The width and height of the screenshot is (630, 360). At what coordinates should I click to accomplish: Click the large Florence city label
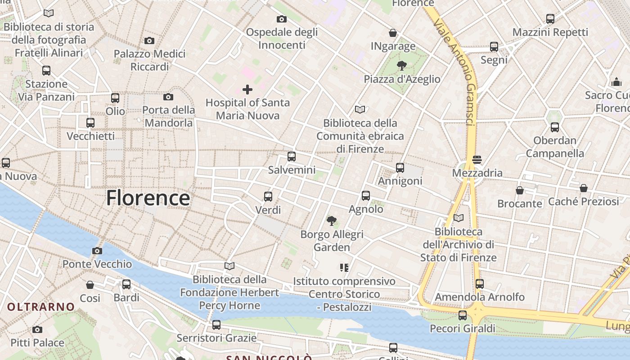148,198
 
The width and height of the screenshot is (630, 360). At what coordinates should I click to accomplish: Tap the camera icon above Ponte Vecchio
97,251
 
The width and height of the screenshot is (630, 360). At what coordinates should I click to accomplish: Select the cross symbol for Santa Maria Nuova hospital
247,90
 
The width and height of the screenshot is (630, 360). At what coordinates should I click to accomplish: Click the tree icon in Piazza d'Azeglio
401,66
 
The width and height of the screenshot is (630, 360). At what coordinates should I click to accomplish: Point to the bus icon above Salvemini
292,157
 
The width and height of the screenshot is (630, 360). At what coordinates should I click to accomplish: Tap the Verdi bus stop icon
268,197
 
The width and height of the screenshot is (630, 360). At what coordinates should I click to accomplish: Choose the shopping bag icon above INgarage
393,33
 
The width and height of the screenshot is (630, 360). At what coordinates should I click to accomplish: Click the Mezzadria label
477,173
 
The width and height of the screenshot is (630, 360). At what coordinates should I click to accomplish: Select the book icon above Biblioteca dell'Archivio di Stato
458,218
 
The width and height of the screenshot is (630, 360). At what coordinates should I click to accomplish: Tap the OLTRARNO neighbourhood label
41,307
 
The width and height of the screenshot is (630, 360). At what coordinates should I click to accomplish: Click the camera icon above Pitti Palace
37,329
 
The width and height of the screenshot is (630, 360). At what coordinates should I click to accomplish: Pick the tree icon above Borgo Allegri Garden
332,220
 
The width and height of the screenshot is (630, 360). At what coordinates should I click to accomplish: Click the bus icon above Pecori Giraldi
463,315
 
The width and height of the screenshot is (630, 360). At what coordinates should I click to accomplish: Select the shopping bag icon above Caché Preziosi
584,188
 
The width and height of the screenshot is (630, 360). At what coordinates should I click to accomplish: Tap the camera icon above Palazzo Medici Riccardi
149,41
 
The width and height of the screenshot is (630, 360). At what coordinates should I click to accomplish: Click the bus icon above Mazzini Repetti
550,19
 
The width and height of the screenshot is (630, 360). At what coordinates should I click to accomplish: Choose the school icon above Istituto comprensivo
344,268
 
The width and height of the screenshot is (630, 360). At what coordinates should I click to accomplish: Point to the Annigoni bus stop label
400,181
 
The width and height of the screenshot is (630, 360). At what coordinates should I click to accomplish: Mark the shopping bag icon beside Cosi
90,285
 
